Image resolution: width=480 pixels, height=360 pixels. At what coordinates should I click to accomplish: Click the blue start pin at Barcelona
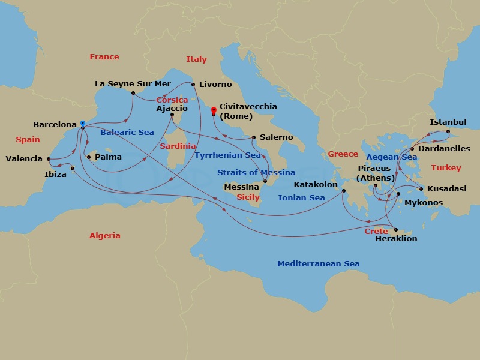[82, 124]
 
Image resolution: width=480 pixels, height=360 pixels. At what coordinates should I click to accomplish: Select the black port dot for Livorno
[193, 85]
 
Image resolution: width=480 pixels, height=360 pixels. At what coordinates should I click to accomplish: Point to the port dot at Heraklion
[395, 229]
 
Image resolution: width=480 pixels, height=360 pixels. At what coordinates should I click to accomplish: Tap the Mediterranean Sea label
[318, 264]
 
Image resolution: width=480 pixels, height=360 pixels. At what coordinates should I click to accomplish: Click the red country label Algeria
[105, 236]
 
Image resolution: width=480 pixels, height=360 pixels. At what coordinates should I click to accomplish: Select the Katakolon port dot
[344, 191]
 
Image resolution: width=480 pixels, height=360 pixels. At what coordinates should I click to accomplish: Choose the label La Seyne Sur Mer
[133, 84]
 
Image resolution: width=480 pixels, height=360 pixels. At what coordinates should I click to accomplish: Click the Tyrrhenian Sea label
[227, 155]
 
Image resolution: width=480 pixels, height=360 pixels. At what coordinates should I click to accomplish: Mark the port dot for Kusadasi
[421, 189]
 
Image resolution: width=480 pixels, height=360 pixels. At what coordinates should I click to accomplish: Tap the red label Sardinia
[178, 146]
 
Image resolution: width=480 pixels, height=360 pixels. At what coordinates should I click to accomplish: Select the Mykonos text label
[424, 203]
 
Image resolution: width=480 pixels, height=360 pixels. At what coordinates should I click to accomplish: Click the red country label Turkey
[446, 168]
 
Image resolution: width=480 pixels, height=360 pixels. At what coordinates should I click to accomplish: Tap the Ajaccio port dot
[172, 115]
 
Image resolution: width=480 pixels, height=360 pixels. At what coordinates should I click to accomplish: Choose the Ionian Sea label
[301, 197]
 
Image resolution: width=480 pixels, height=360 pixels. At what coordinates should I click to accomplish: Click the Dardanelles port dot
[412, 148]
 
